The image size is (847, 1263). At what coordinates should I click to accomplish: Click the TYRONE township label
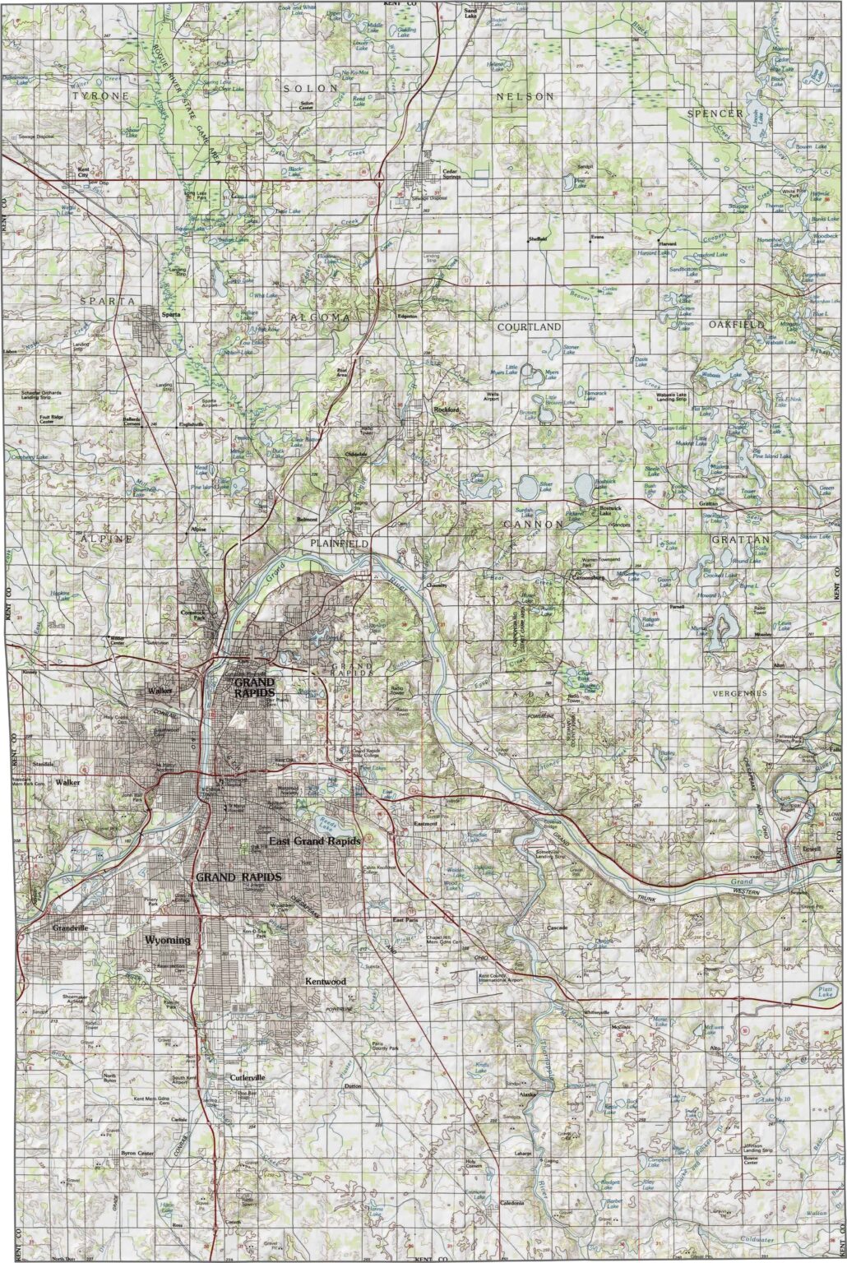(100, 96)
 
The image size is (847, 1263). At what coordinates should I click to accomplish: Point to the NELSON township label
(525, 96)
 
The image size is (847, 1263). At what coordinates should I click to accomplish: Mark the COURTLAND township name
(530, 326)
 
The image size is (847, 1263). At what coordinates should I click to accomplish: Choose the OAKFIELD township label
(737, 325)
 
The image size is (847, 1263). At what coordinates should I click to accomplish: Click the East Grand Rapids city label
(315, 841)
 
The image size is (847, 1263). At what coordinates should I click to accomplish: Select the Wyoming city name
(167, 940)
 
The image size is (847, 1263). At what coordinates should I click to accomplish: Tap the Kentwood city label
(326, 982)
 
